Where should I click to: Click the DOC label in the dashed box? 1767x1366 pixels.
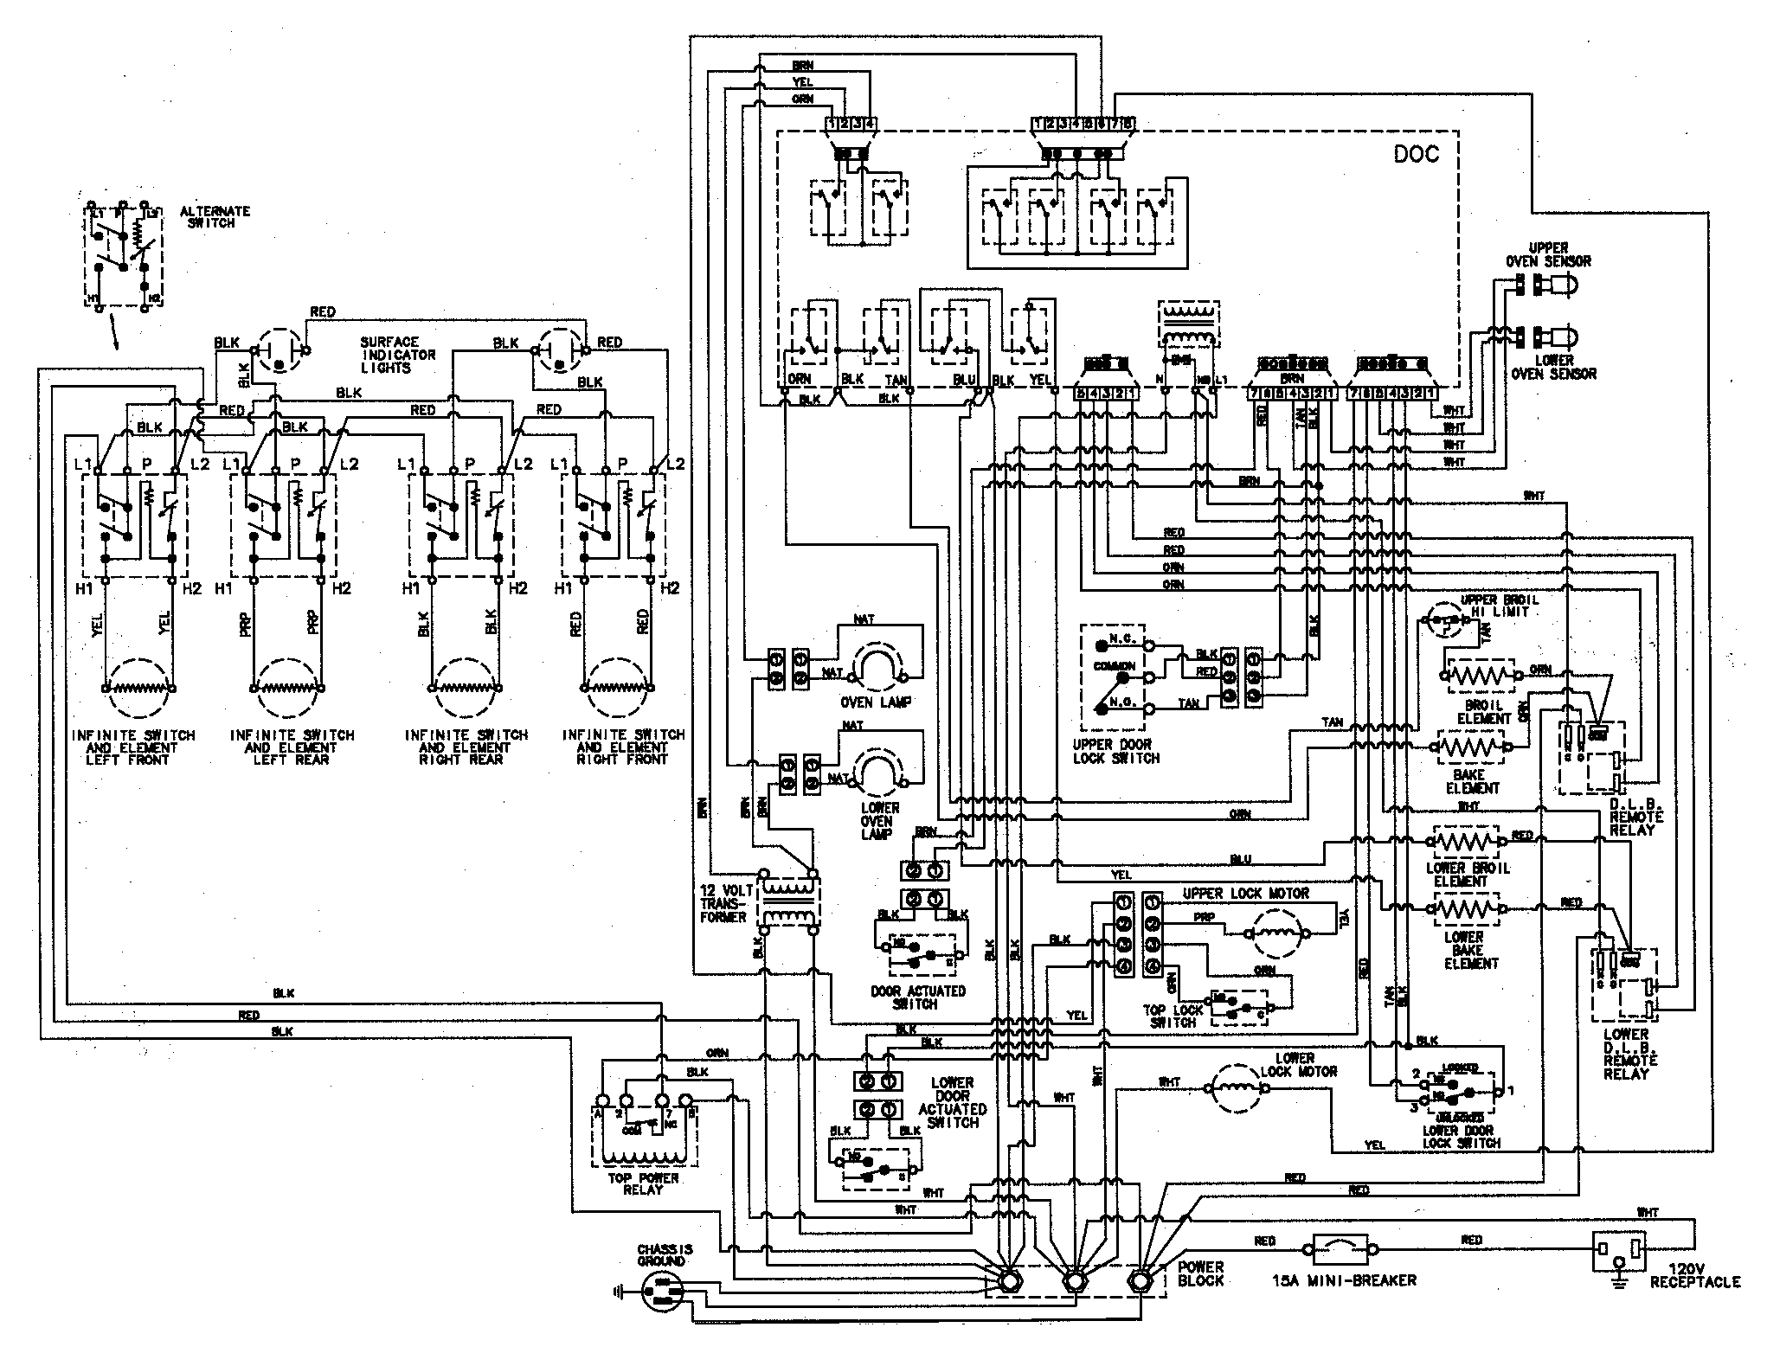point(1416,154)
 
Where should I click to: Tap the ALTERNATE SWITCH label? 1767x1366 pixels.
point(215,216)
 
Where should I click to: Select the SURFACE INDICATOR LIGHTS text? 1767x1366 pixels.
point(398,355)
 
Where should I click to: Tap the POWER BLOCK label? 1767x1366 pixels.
point(1201,1273)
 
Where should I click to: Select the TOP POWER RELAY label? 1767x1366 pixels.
point(642,1183)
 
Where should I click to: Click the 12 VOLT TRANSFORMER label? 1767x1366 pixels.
point(723,902)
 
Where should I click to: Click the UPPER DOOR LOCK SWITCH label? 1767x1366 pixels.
point(1115,751)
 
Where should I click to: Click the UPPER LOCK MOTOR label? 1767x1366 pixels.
point(1246,893)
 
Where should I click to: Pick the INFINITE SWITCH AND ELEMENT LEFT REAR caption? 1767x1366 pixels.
point(292,747)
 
